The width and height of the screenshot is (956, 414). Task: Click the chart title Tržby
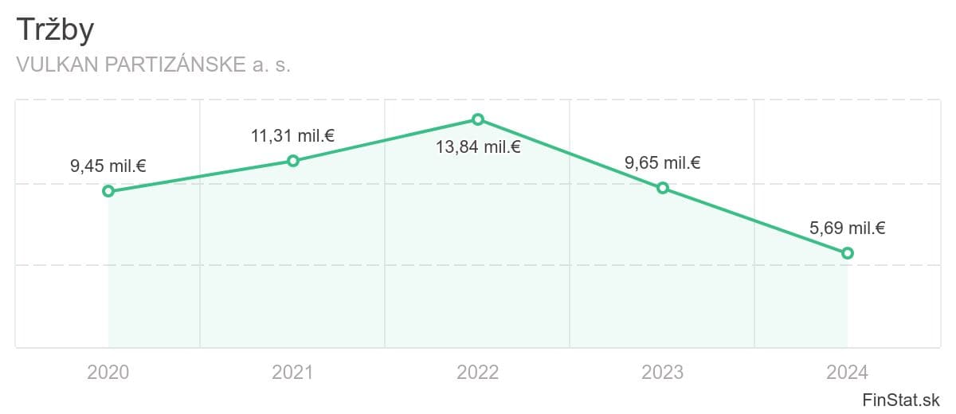55,29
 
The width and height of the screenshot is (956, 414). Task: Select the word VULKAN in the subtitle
57,64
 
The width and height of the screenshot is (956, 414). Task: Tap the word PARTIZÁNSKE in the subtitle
175,64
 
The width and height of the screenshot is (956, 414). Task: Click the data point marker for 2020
108,191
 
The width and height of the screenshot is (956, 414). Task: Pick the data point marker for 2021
293,161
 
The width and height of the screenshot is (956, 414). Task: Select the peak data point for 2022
478,119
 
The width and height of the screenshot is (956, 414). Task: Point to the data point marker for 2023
663,188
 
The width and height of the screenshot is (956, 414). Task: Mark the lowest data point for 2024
848,253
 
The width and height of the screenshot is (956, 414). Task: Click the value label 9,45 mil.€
108,166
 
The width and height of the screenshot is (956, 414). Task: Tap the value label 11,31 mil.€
293,136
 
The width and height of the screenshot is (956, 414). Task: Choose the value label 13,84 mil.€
478,147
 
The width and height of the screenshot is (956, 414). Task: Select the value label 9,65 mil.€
662,163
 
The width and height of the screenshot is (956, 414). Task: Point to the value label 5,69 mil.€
847,228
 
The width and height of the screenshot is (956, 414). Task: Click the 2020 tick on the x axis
108,373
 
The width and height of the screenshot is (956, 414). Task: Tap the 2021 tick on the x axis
293,373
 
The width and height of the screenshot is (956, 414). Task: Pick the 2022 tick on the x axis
477,373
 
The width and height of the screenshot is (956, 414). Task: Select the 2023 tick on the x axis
662,373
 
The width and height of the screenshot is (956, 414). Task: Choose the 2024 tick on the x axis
847,373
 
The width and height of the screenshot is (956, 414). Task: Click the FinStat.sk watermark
901,400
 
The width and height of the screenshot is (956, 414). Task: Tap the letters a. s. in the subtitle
272,65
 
